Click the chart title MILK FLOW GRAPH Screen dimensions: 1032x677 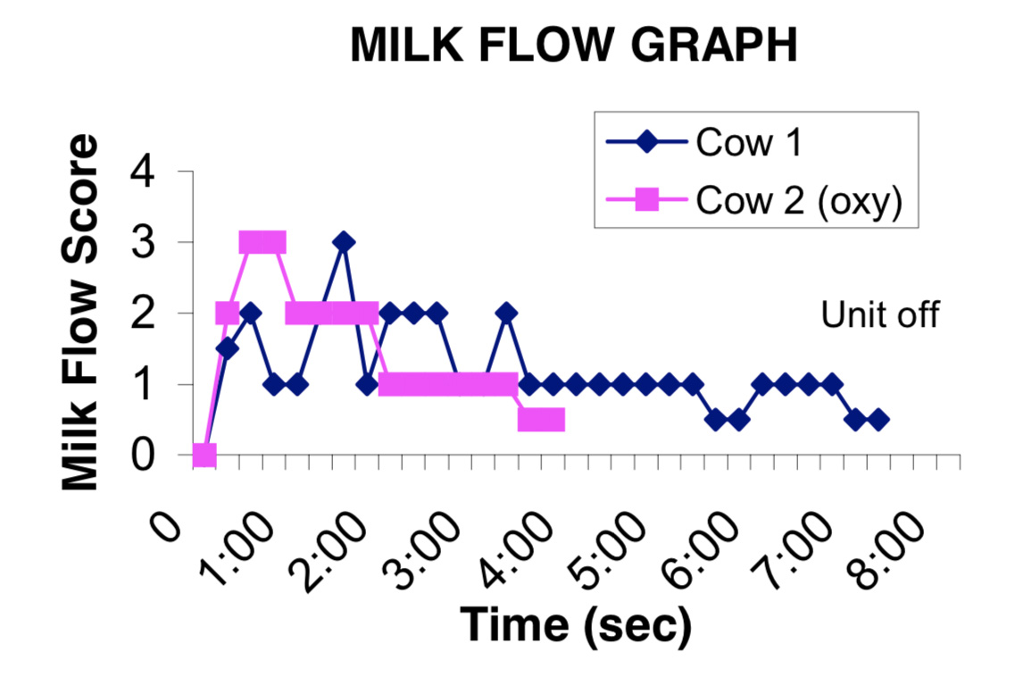pyautogui.click(x=573, y=45)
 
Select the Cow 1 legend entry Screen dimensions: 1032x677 pyautogui.click(x=703, y=142)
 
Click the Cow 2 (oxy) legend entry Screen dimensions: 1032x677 pyautogui.click(x=753, y=199)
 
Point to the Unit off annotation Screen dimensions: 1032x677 pyautogui.click(x=880, y=314)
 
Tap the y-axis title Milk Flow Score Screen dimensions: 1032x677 pyautogui.click(x=79, y=312)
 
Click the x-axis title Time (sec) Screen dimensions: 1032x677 pyautogui.click(x=576, y=623)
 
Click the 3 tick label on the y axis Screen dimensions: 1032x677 pyautogui.click(x=143, y=242)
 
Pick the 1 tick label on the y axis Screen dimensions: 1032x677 pyautogui.click(x=143, y=384)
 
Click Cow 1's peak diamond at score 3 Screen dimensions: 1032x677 pyautogui.click(x=343, y=242)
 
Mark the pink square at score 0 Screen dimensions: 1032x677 pyautogui.click(x=204, y=455)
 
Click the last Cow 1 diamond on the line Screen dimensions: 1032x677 pyautogui.click(x=878, y=420)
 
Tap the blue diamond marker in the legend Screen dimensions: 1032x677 pyautogui.click(x=647, y=142)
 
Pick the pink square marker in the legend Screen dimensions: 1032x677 pyautogui.click(x=647, y=199)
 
